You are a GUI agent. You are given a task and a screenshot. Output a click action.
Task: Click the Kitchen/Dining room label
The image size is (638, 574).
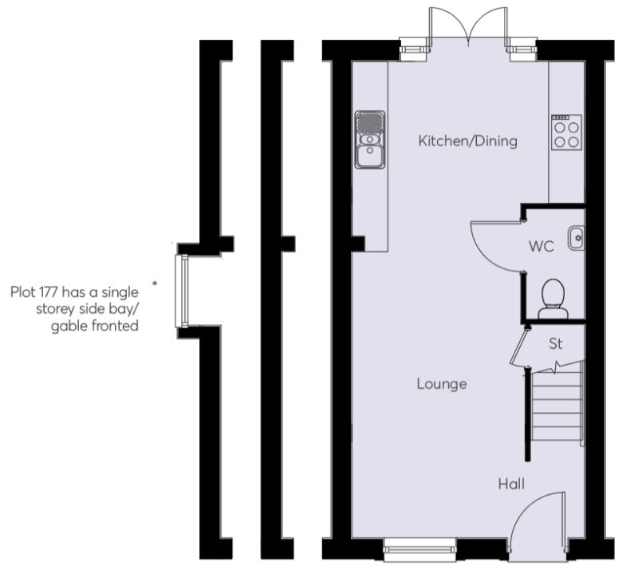468,141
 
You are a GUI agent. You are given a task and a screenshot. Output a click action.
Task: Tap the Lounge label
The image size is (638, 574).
441,384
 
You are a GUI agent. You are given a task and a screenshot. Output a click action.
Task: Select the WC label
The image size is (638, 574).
541,246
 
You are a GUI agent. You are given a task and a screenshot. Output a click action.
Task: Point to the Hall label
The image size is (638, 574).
511,483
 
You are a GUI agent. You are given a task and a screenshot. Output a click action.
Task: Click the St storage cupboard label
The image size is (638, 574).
556,344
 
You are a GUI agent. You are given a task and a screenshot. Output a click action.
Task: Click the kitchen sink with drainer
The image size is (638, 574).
369,140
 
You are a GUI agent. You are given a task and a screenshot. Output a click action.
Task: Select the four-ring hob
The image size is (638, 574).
567,133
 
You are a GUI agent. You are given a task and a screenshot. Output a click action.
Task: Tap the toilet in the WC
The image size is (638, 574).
552,299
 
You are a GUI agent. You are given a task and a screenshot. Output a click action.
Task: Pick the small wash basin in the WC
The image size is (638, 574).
577,238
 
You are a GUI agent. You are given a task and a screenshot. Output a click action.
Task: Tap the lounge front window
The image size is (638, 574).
419,545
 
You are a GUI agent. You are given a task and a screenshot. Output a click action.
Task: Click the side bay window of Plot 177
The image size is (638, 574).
182,291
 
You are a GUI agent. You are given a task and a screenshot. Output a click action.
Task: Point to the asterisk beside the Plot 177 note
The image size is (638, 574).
153,283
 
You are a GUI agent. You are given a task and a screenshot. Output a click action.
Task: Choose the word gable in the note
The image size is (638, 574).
69,326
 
